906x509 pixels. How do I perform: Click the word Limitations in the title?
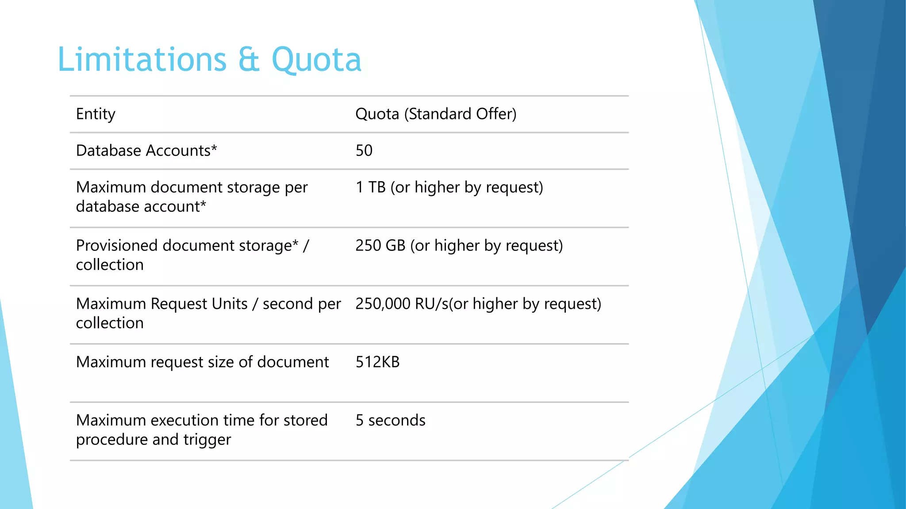click(142, 59)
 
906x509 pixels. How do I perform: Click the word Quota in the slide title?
click(316, 60)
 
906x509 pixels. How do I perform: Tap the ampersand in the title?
click(249, 60)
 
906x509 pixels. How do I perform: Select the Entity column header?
click(96, 114)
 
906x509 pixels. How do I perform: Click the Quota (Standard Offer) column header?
click(436, 114)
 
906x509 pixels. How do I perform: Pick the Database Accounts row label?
click(143, 151)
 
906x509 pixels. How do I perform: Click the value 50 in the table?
click(364, 151)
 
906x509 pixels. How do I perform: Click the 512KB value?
click(377, 362)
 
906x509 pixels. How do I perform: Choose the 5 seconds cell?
click(390, 420)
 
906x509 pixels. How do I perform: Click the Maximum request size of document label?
click(202, 362)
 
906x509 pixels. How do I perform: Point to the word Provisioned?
click(117, 246)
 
